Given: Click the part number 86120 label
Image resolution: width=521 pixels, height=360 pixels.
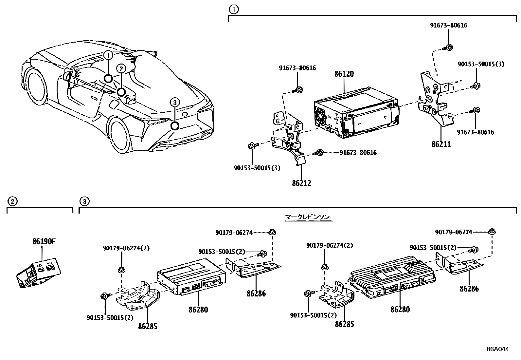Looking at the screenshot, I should click(x=344, y=74).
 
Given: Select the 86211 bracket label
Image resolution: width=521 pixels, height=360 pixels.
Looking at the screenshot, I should click(x=441, y=144).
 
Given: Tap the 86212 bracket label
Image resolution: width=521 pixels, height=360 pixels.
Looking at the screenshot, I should click(x=301, y=183).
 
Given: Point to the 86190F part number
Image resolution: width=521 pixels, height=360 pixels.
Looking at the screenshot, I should click(x=44, y=242).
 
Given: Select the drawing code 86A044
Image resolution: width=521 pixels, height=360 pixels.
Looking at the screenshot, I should click(x=497, y=349).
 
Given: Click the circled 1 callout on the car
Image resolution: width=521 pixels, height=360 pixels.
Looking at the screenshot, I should click(x=108, y=55).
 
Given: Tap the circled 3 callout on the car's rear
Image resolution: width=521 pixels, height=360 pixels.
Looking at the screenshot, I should click(x=175, y=103).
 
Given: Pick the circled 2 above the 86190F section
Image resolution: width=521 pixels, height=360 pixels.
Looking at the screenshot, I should click(x=12, y=201).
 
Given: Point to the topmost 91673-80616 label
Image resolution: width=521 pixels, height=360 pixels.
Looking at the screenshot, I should click(x=448, y=26).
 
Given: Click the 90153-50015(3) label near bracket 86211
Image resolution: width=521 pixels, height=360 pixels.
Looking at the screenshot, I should click(x=481, y=64).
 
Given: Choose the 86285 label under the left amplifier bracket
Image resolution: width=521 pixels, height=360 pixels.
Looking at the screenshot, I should click(x=147, y=327).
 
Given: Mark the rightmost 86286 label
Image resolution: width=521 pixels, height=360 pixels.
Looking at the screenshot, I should click(x=469, y=289).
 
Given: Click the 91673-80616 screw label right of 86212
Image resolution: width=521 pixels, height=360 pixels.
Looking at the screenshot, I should click(x=358, y=153).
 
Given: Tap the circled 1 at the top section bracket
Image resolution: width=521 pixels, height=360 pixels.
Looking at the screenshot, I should click(x=233, y=10).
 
